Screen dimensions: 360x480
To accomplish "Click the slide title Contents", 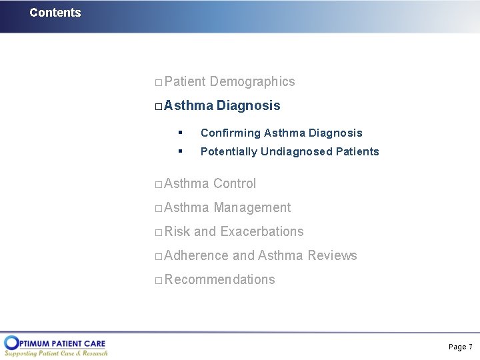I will click(55, 13).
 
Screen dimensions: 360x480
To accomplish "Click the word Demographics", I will click(252, 82).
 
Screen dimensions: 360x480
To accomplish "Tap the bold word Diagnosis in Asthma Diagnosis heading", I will click(248, 106).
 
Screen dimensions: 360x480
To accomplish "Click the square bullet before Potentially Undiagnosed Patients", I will click(180, 151).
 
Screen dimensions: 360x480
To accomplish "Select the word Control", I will click(234, 183).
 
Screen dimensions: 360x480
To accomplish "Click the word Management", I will click(252, 208).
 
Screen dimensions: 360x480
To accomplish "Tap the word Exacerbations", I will click(261, 232).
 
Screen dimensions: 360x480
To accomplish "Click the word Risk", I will click(177, 232).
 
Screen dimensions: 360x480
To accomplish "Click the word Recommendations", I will click(219, 280).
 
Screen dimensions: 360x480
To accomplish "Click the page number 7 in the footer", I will click(470, 347).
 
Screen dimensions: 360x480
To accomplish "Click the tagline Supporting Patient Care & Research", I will click(56, 353).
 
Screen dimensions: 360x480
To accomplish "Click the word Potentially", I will click(229, 152).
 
